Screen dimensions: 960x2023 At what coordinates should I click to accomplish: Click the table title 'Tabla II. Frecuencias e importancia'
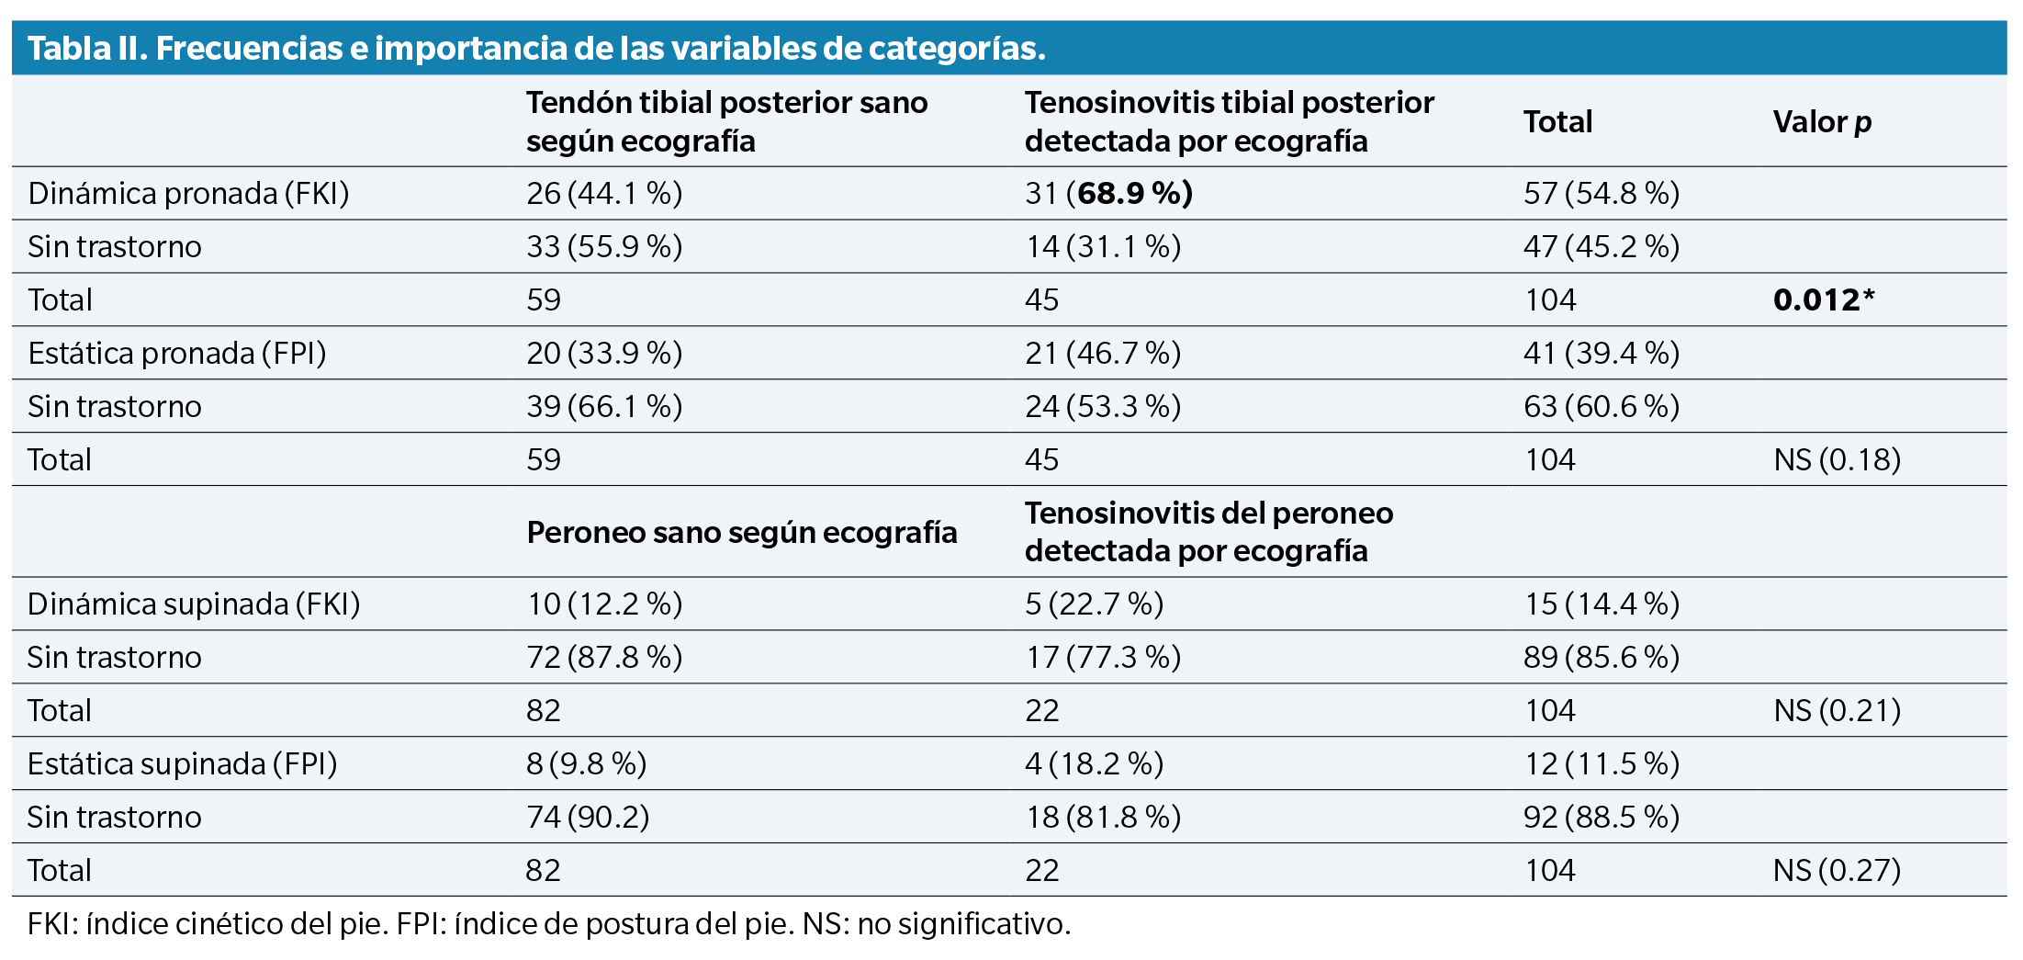tap(536, 48)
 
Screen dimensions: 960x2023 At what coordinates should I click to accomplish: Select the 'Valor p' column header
tap(1822, 121)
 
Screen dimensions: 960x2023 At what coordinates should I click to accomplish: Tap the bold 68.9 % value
tap(1134, 193)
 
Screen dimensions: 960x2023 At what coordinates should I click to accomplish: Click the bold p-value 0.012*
tap(1823, 299)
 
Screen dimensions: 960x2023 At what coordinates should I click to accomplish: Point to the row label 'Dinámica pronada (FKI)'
tap(188, 193)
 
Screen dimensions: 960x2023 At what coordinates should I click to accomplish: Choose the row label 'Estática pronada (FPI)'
tap(177, 353)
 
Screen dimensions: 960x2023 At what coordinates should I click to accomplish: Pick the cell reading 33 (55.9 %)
tap(603, 246)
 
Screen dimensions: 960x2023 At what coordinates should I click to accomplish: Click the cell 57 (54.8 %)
tap(1602, 193)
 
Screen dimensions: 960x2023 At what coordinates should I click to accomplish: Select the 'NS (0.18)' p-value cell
tap(1837, 459)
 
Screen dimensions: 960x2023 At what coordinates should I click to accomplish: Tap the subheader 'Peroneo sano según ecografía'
tap(741, 532)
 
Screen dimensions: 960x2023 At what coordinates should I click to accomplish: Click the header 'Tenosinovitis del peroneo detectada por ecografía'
tap(1208, 532)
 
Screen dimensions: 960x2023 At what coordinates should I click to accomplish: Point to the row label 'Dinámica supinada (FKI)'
tap(194, 604)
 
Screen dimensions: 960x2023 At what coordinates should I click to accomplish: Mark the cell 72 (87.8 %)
tap(603, 657)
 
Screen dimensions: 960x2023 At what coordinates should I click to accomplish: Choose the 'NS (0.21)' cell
tap(1837, 710)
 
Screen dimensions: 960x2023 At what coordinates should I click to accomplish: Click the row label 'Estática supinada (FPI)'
tap(182, 763)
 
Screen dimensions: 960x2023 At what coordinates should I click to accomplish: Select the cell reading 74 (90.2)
tap(587, 817)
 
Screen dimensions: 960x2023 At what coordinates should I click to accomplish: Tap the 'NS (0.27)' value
tap(1837, 870)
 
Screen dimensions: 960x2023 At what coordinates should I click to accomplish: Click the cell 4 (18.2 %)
tap(1094, 763)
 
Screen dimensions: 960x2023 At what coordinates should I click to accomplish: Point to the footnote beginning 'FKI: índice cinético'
tap(549, 923)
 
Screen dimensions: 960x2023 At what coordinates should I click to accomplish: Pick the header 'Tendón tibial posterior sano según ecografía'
tap(726, 121)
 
